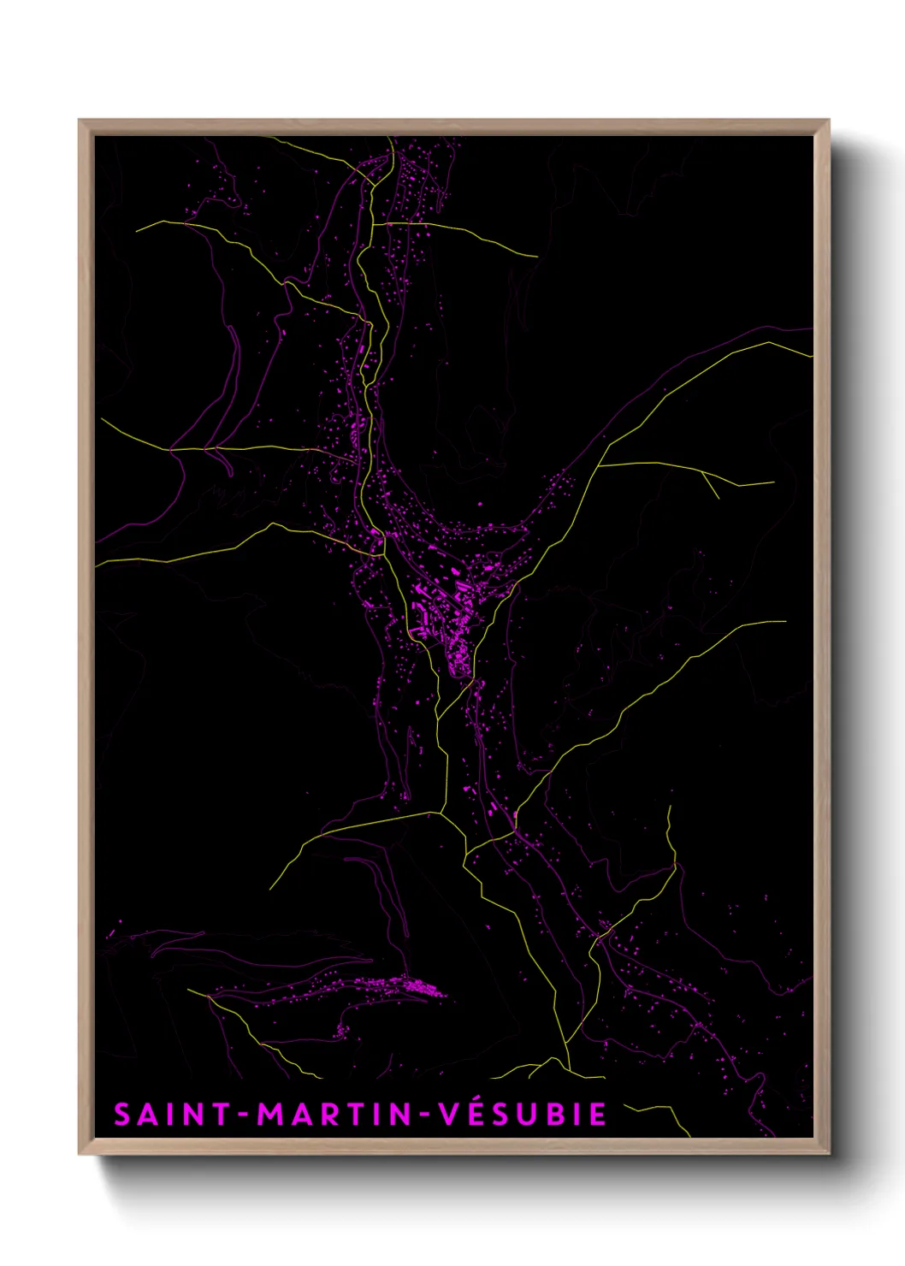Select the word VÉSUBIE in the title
pos(522,1114)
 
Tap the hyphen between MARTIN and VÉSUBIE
pos(425,1115)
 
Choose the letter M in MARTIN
pos(272,1115)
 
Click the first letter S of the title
pos(122,1115)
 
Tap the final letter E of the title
pos(598,1115)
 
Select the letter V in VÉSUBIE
pos(451,1115)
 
